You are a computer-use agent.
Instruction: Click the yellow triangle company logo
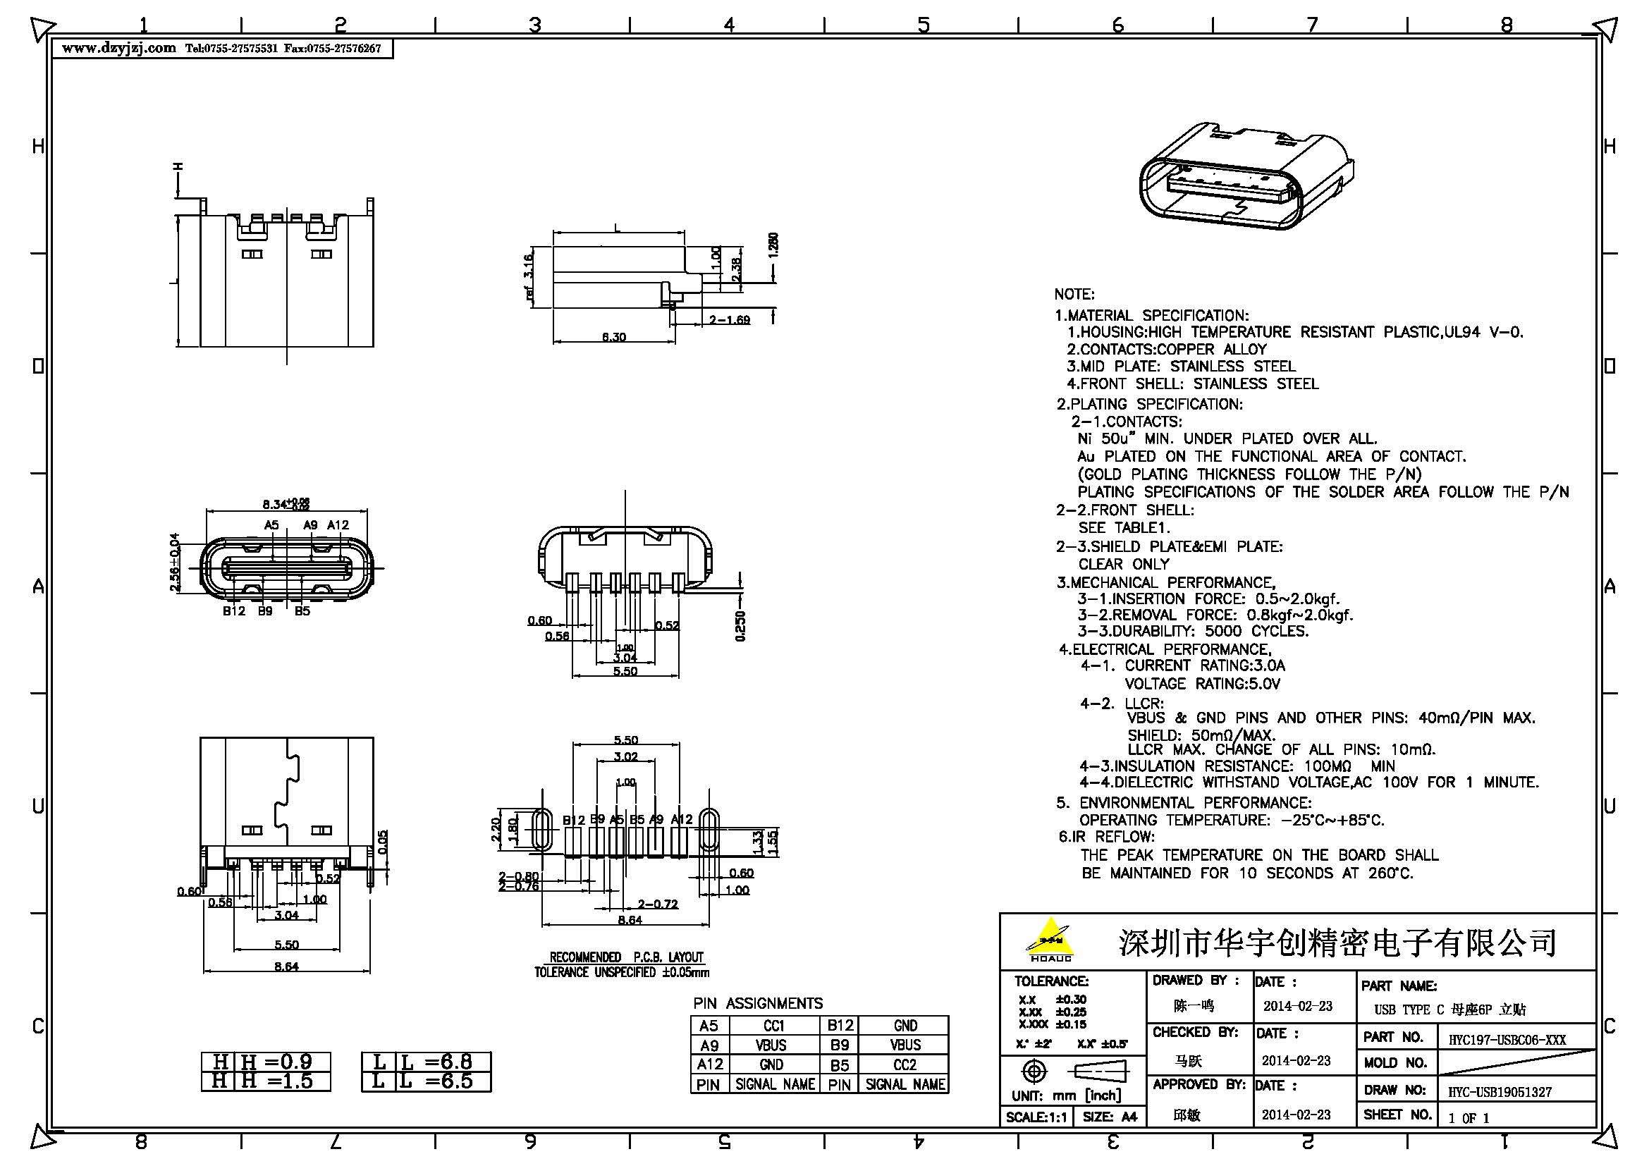[1050, 938]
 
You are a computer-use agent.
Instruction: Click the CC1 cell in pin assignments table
[773, 1025]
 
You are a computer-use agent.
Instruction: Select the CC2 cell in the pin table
[905, 1064]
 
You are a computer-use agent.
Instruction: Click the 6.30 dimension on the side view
[613, 336]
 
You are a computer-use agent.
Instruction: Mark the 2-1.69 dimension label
[729, 319]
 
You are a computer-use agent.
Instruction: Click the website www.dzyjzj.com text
[118, 48]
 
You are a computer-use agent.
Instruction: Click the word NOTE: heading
[1074, 295]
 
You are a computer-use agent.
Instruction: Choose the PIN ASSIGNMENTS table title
[758, 1003]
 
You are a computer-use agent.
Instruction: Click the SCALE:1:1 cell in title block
[1036, 1117]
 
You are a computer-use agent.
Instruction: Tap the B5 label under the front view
[302, 611]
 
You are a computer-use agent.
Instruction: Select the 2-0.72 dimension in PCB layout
[657, 904]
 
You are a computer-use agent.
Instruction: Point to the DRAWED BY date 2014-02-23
[1297, 1006]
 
